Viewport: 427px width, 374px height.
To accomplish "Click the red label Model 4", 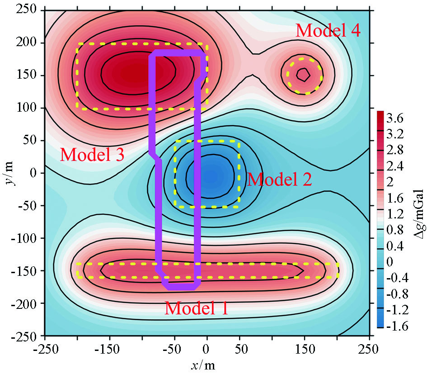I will (x=328, y=31).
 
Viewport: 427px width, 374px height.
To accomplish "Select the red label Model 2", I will (x=279, y=180).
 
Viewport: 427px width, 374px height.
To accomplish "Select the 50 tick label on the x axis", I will (x=239, y=350).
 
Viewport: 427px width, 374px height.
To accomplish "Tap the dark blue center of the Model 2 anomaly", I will (x=206, y=174).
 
